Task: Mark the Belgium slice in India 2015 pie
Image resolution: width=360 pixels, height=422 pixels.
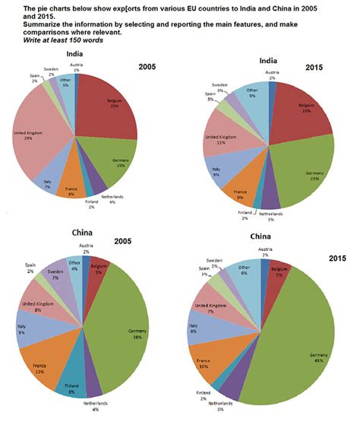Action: pos(300,110)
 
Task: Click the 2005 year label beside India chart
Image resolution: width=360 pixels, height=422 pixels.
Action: pos(149,67)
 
